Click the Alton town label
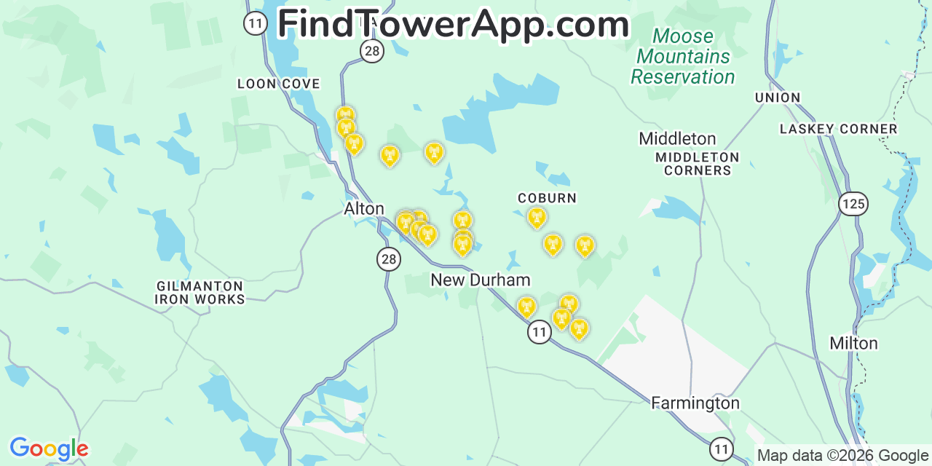(363, 209)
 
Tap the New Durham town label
(480, 280)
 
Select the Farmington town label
(695, 403)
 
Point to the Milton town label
(853, 343)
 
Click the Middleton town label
(677, 138)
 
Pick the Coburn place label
(547, 198)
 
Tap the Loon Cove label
(278, 84)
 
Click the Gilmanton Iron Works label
(200, 293)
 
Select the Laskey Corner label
(838, 129)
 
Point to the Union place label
(778, 98)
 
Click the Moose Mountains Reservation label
(682, 56)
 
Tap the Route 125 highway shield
(853, 203)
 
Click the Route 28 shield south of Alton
(389, 258)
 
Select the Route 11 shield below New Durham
(539, 333)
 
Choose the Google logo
(48, 449)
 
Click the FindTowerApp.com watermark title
(453, 24)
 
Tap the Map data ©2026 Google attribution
(842, 456)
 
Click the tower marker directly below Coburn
(537, 218)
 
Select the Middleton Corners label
(697, 164)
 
